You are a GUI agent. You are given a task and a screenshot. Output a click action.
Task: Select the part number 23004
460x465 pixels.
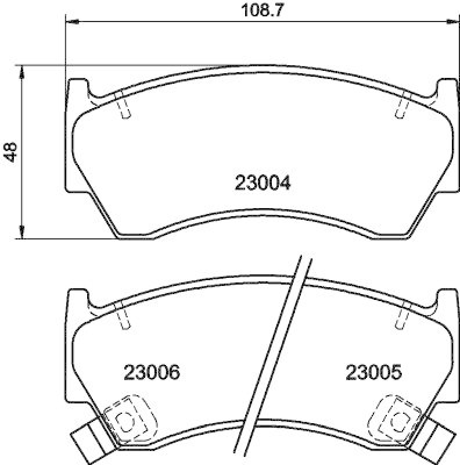point(263,184)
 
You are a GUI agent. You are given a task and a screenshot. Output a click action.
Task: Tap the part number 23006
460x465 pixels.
point(151,372)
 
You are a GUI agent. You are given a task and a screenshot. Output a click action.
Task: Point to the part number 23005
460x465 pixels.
point(374,372)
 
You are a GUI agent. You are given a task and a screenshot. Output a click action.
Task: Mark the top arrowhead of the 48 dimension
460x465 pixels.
point(22,71)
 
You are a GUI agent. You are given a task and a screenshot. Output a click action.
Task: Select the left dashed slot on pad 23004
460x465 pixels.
point(123,105)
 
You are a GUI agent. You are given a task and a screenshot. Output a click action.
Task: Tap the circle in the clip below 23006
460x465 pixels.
point(123,420)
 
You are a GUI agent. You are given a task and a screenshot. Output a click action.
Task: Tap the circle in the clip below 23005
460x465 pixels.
point(398,420)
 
